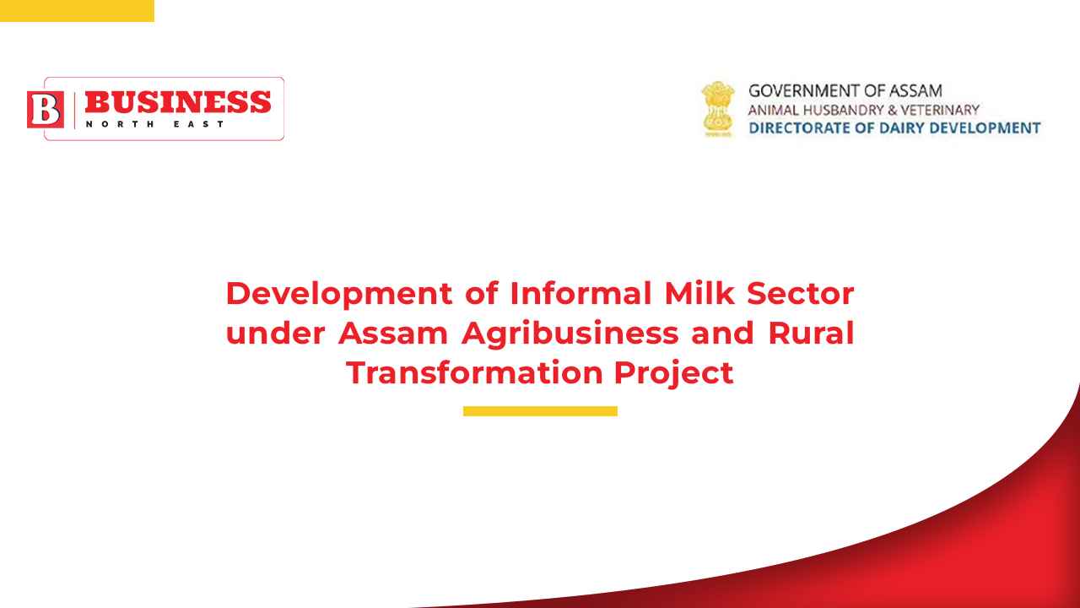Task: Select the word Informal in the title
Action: point(580,293)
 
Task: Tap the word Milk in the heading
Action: point(699,293)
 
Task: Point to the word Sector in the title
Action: point(801,293)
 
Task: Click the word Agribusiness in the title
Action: point(570,334)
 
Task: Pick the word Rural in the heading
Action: point(811,333)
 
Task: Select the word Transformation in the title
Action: point(474,372)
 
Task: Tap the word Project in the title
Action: point(673,373)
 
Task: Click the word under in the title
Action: point(275,333)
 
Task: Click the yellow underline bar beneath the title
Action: point(540,411)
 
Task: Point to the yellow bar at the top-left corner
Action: point(77,11)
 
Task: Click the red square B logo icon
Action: point(46,110)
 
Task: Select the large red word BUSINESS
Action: point(178,102)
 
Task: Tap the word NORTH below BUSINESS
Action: point(120,124)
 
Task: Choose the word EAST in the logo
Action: point(198,124)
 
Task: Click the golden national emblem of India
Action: point(718,109)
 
